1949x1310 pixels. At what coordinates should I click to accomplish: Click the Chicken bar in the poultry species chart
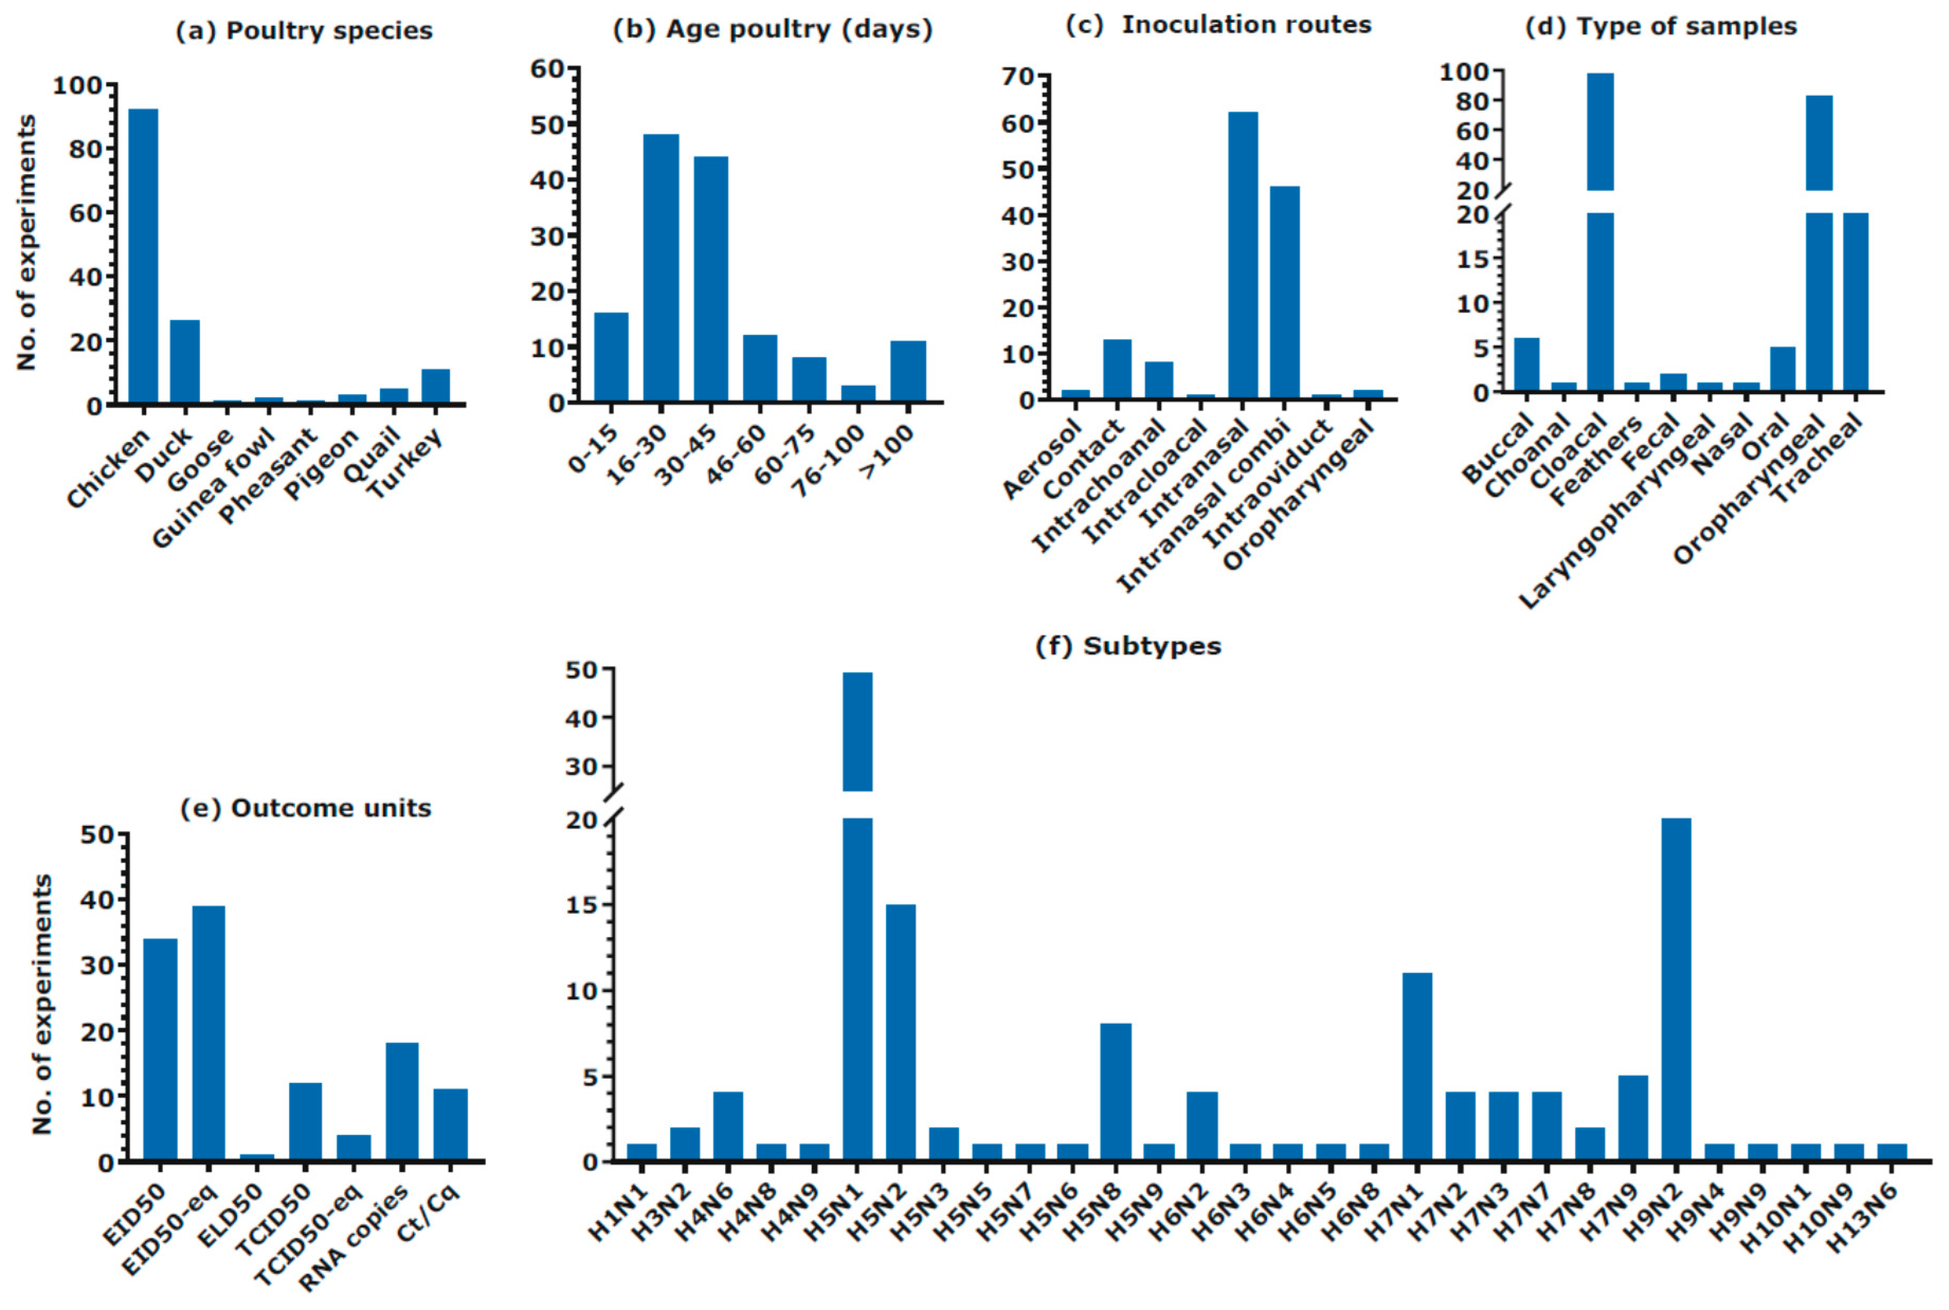point(143,257)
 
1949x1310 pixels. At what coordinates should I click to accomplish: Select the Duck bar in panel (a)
point(185,362)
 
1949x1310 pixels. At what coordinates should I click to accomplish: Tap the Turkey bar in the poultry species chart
point(435,387)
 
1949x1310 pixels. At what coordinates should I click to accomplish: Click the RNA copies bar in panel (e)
point(402,1101)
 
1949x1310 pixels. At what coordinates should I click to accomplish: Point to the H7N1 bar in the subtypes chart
point(1417,1066)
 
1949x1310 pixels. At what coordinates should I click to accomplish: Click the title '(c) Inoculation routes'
point(1219,25)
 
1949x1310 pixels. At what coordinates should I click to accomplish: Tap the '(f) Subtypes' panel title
point(1128,646)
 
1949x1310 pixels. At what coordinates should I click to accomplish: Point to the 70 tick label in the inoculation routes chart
point(1018,77)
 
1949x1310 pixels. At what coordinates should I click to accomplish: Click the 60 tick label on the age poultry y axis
point(548,68)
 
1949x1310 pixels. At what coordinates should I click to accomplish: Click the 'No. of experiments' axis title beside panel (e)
point(42,1004)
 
